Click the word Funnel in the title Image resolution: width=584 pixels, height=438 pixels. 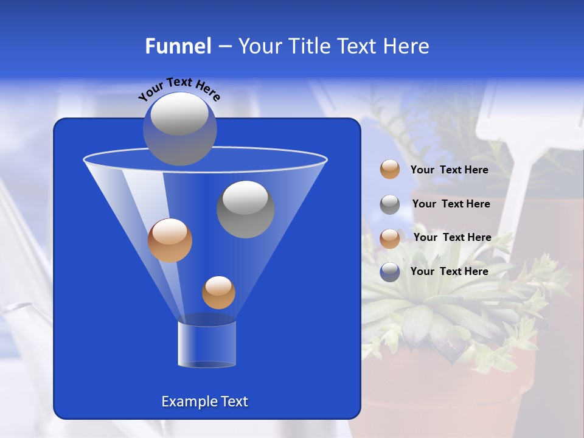(178, 46)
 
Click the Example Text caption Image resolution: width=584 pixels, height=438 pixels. (204, 401)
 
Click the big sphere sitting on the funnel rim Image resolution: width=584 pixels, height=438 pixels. (179, 128)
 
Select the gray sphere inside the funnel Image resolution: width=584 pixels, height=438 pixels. (245, 209)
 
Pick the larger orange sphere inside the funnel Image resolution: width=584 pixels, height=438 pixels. (170, 240)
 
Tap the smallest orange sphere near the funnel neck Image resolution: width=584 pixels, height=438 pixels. (218, 293)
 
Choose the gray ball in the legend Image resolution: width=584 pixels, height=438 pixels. (390, 204)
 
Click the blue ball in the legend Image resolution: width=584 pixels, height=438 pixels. (390, 272)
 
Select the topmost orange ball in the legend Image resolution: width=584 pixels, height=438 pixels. (390, 170)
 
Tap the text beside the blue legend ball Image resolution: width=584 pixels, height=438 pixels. (449, 271)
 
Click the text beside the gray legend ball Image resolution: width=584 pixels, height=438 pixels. (451, 204)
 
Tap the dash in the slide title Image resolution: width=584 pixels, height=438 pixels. (224, 46)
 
